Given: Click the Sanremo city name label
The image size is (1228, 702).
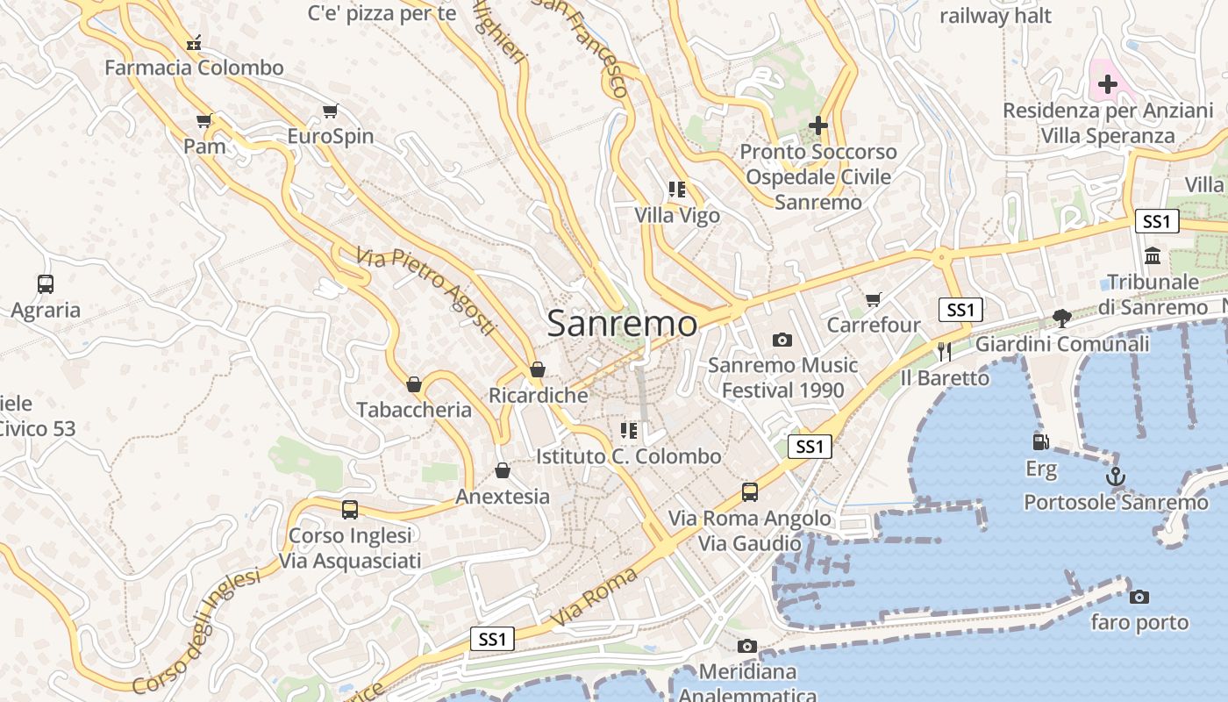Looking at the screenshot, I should point(622,324).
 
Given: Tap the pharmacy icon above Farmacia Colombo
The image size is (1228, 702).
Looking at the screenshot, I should point(194,41).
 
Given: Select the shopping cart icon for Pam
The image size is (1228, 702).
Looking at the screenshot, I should point(204,120).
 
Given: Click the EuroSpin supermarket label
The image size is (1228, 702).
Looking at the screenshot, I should point(331,137).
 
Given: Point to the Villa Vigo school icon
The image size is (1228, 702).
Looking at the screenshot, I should point(676,190).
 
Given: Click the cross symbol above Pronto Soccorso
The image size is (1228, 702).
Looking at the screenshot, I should point(818,126).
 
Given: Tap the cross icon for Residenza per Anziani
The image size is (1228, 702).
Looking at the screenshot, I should point(1107,84).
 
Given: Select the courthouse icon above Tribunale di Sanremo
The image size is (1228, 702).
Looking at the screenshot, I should point(1153,256).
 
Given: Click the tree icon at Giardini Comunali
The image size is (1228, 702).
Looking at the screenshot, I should point(1062,318).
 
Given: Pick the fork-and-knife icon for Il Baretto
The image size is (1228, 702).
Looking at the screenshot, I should point(945,352).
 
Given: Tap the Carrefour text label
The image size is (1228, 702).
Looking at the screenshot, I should point(874,326).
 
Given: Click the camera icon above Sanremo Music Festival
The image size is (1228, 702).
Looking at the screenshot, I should point(782,340).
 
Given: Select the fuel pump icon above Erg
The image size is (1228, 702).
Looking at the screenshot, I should point(1041,442).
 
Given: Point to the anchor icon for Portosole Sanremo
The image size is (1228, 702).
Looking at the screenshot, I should point(1115,476).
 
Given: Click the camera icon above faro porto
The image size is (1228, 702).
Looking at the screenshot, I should point(1139,597).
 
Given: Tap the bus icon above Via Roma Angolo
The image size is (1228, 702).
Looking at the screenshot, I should point(750,492).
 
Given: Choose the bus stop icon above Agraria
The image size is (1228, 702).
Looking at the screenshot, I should point(46,284).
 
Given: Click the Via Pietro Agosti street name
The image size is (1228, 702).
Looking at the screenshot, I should point(426,290).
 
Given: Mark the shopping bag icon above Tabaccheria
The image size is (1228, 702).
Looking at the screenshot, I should point(414,384).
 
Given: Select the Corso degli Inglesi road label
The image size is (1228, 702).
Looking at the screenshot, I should point(196,631).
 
